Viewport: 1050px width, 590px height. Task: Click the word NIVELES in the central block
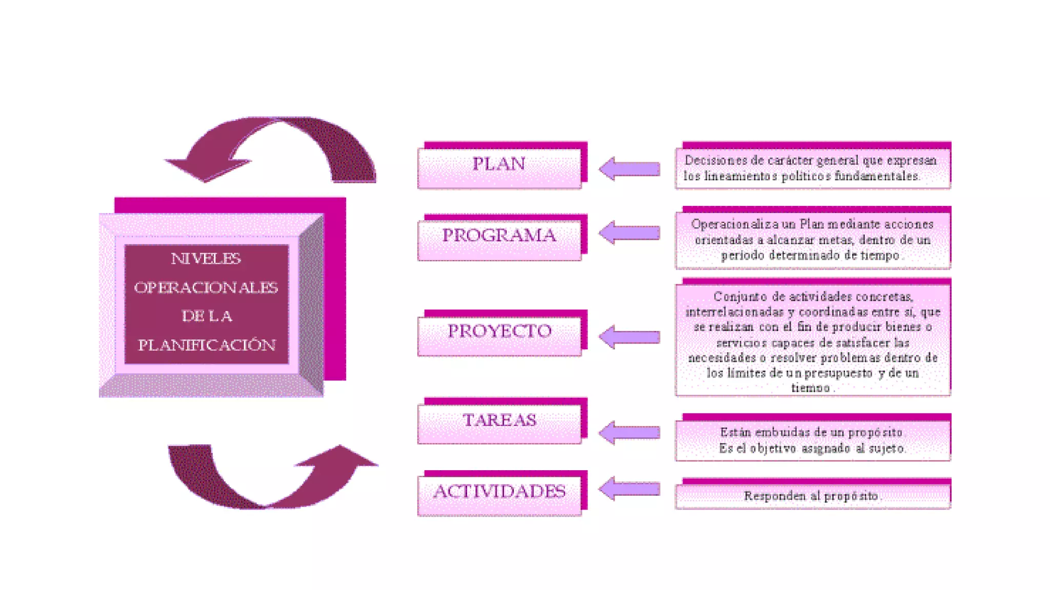pyautogui.click(x=206, y=259)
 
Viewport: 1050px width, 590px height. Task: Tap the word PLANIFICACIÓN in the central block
pyautogui.click(x=207, y=345)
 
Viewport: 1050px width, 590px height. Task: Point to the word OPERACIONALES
pyautogui.click(x=206, y=288)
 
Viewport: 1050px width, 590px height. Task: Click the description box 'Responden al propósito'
pyautogui.click(x=813, y=496)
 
